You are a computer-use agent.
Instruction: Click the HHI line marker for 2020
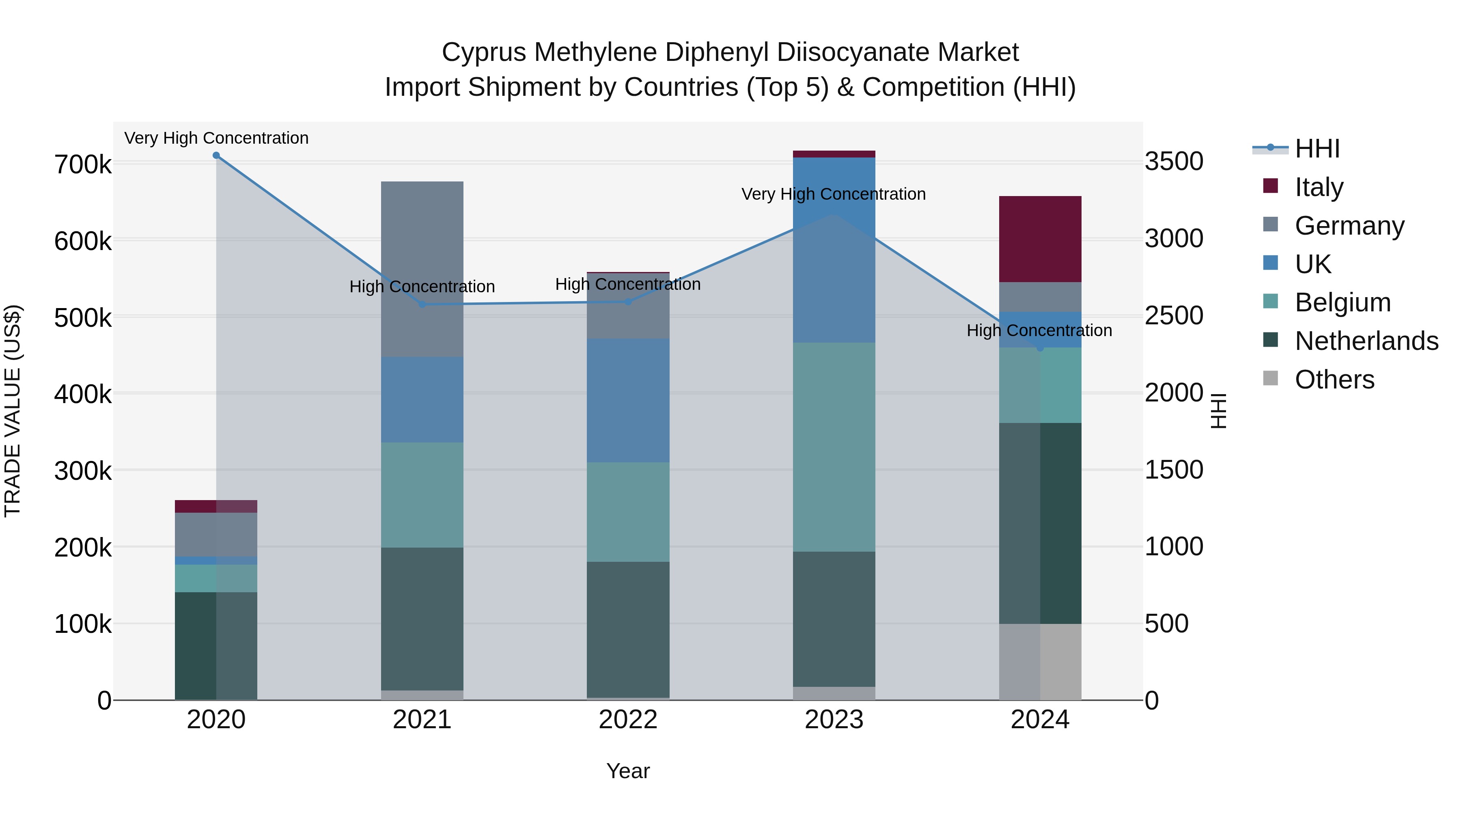[216, 155]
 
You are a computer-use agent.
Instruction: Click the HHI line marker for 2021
[422, 304]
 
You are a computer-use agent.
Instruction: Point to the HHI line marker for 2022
[628, 302]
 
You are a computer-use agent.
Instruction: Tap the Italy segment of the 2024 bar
[1040, 239]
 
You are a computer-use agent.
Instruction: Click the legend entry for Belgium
[1342, 302]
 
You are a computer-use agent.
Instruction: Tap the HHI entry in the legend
[1317, 149]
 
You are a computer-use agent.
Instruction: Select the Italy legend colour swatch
[1270, 186]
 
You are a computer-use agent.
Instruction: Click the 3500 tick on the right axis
[1173, 162]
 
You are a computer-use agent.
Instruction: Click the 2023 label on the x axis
[834, 720]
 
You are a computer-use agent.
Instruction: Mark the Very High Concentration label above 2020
[216, 138]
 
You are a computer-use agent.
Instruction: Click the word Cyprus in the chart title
[484, 52]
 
